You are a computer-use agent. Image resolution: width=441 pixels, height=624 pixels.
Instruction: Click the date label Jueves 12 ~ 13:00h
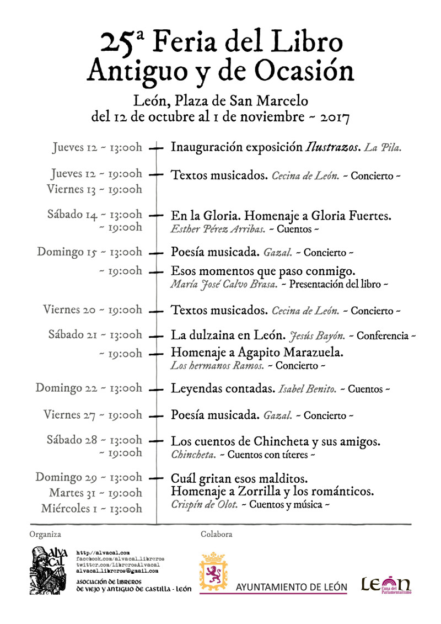pyautogui.click(x=98, y=147)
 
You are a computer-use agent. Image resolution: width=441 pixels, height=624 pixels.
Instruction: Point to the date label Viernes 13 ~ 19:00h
pyautogui.click(x=94, y=189)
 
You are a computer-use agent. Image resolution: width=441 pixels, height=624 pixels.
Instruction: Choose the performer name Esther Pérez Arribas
pyautogui.click(x=218, y=228)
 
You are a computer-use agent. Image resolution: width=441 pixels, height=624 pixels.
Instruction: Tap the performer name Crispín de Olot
pyautogui.click(x=203, y=504)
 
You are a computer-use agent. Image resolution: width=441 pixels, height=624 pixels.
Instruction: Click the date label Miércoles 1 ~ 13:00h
pyautogui.click(x=92, y=509)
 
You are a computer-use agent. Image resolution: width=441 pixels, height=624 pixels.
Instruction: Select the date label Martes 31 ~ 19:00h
pyautogui.click(x=95, y=493)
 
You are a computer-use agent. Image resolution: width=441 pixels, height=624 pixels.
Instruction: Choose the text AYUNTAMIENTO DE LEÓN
pyautogui.click(x=292, y=586)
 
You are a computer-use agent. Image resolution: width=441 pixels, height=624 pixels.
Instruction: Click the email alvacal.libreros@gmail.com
pyautogui.click(x=117, y=571)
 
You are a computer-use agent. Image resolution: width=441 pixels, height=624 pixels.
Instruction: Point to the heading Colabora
pyautogui.click(x=216, y=534)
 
